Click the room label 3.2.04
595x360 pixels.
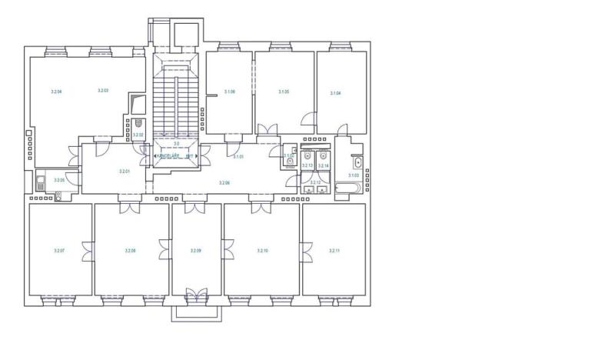coord(55,92)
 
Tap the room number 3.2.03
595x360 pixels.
coord(103,91)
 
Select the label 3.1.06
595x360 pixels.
coord(229,92)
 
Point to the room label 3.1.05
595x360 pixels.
coord(284,92)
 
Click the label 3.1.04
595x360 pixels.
coord(335,93)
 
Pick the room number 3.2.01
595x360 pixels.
coord(125,172)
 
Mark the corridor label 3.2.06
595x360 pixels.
coord(224,182)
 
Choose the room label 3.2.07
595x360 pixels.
coord(59,251)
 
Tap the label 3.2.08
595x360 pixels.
coord(130,251)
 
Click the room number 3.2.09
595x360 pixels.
coord(196,251)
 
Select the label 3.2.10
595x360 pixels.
coord(262,251)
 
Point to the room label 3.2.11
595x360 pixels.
coord(334,251)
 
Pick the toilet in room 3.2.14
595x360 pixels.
coord(324,153)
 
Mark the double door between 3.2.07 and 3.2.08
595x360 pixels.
coord(89,251)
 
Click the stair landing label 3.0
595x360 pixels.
coord(176,144)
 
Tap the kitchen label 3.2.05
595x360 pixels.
coord(59,180)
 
